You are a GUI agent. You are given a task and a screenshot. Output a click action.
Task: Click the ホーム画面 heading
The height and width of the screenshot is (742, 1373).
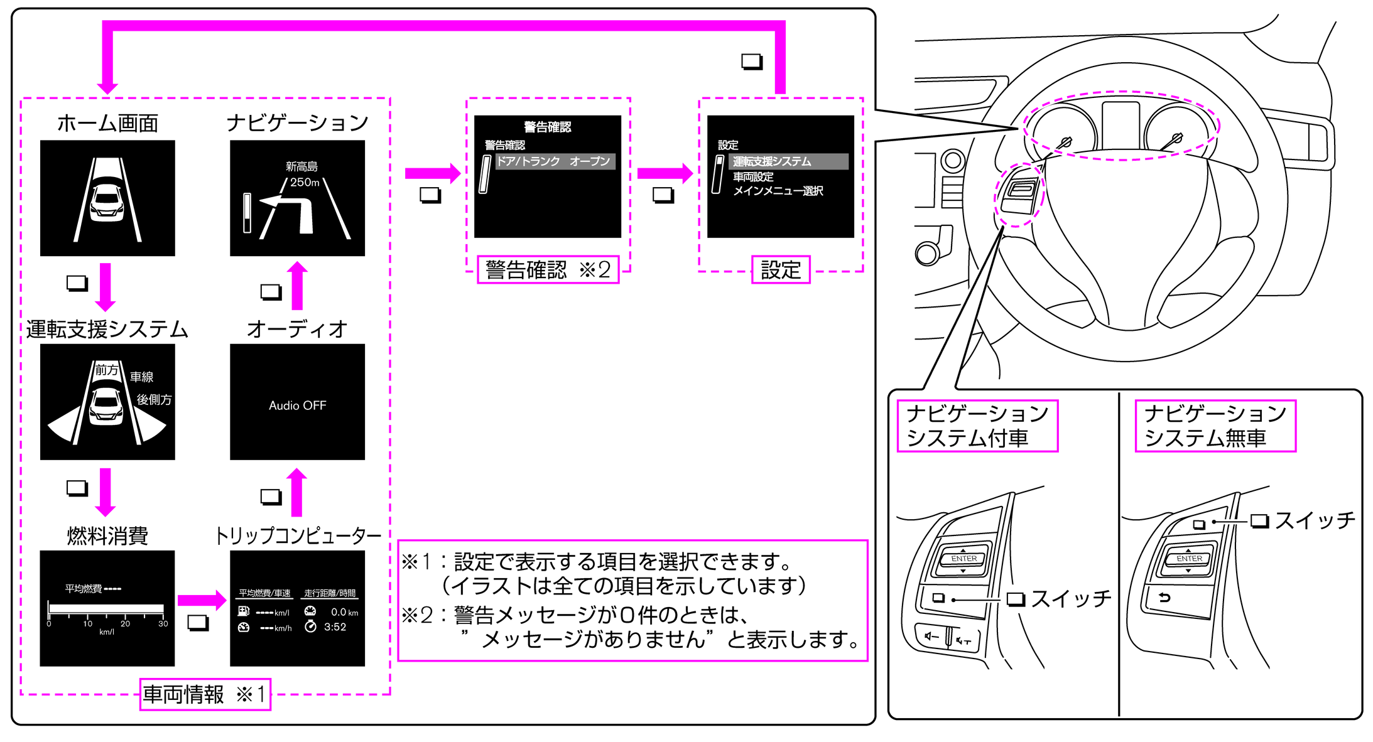[x=107, y=123]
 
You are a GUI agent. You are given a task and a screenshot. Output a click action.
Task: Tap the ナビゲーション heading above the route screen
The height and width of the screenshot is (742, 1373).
[x=297, y=122]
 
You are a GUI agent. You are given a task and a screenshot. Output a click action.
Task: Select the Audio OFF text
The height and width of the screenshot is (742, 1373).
[x=297, y=406]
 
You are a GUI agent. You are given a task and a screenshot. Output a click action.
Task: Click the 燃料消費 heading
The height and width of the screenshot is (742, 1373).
[x=107, y=535]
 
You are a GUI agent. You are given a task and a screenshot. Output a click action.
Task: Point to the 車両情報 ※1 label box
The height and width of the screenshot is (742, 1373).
[x=205, y=694]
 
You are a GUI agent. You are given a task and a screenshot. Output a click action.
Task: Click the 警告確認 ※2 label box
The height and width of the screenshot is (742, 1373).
[x=548, y=270]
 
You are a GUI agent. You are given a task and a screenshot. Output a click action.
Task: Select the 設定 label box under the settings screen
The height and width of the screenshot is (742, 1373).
[x=780, y=270]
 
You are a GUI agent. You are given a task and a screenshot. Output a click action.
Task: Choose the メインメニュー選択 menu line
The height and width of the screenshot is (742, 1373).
[x=778, y=191]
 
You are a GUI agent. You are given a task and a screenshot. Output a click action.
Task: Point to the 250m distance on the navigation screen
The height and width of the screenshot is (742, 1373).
[x=305, y=182]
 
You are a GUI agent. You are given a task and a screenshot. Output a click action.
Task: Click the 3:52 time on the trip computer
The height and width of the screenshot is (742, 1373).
[x=335, y=626]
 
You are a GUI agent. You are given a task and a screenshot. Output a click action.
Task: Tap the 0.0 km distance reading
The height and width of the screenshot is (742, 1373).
[x=344, y=612]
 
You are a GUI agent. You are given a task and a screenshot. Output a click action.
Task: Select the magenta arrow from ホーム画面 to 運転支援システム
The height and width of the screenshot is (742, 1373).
[x=106, y=287]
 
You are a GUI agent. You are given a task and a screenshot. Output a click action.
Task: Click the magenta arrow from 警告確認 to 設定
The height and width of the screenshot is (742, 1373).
[x=665, y=173]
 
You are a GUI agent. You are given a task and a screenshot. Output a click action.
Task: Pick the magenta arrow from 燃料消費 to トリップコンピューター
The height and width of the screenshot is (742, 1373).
[x=202, y=601]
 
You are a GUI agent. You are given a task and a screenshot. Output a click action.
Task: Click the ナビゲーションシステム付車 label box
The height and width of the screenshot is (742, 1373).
[x=977, y=426]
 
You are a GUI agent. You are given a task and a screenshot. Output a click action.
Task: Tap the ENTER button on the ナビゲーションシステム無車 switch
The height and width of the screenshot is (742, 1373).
[x=1188, y=558]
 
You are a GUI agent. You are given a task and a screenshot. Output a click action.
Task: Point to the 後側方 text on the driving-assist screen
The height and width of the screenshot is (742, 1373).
[x=154, y=400]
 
